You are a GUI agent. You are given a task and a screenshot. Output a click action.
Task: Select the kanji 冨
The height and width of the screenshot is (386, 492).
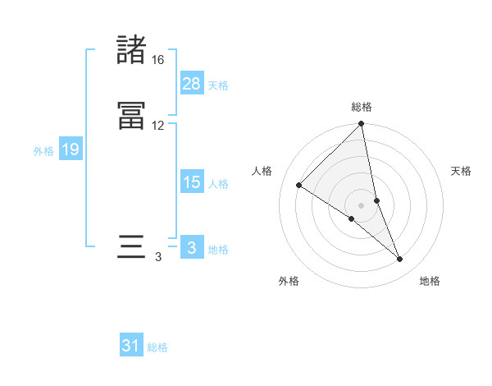131,116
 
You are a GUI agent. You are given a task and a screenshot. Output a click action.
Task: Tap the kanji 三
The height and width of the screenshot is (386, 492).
131,247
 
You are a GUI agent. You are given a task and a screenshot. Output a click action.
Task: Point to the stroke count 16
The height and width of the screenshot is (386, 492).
158,60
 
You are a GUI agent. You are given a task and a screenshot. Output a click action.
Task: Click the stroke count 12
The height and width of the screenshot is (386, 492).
158,126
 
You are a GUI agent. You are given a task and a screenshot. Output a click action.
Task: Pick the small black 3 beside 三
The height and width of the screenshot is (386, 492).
158,257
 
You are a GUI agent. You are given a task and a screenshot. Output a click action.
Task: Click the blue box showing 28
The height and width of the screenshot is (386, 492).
192,84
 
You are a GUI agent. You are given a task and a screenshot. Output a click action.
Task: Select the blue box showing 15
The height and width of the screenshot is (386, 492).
192,182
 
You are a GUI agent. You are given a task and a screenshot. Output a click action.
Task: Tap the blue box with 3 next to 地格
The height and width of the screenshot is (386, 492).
192,248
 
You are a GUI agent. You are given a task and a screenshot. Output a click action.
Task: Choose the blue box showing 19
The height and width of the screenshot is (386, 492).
71,149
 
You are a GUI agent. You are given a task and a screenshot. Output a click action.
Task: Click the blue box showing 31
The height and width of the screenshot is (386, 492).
131,346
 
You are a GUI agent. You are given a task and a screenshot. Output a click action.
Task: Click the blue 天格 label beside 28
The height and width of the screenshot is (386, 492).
218,85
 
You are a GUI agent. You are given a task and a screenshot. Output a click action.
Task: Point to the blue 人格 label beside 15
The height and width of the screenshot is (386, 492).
218,184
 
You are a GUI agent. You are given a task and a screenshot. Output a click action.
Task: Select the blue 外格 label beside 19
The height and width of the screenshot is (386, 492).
43,151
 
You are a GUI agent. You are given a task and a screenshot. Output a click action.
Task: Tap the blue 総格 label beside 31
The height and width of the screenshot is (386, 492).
157,347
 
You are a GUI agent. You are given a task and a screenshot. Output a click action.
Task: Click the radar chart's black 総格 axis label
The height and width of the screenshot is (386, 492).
362,107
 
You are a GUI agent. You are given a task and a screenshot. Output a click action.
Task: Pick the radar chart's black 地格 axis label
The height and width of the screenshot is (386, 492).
430,281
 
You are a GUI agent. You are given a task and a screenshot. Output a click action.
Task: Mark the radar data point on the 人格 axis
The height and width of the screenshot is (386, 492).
299,185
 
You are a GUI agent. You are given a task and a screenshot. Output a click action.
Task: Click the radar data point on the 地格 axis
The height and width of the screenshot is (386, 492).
400,260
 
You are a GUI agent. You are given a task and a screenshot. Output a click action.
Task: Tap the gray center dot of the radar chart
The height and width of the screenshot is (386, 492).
362,205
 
